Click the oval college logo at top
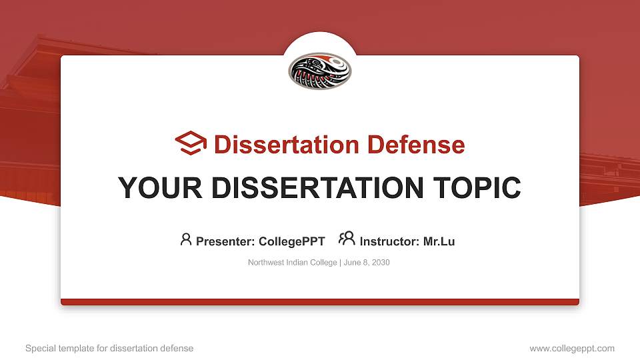pyautogui.click(x=320, y=71)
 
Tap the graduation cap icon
pyautogui.click(x=191, y=144)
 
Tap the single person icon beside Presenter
pyautogui.click(x=186, y=239)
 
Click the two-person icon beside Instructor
pyautogui.click(x=347, y=239)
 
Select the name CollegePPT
pyautogui.click(x=291, y=241)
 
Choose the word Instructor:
pyautogui.click(x=389, y=241)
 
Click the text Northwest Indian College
pyautogui.click(x=293, y=263)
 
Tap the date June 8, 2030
pyautogui.click(x=367, y=263)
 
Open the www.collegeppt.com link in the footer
pyautogui.click(x=572, y=348)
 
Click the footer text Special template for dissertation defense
pyautogui.click(x=109, y=348)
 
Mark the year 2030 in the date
pyautogui.click(x=381, y=263)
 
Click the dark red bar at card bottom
pyautogui.click(x=320, y=302)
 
